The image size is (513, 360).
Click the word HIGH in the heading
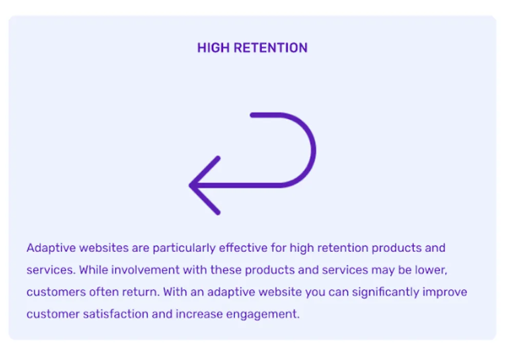click(213, 48)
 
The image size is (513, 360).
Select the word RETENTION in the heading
click(270, 48)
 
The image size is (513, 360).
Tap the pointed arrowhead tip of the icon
click(190, 186)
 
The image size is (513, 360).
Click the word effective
click(243, 248)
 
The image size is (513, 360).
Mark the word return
click(141, 292)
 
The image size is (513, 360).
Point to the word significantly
click(385, 292)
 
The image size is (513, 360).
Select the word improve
click(445, 292)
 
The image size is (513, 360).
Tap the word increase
click(199, 314)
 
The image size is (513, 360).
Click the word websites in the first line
click(104, 248)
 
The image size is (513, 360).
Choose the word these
click(226, 270)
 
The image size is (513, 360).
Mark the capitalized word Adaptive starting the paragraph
click(51, 248)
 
